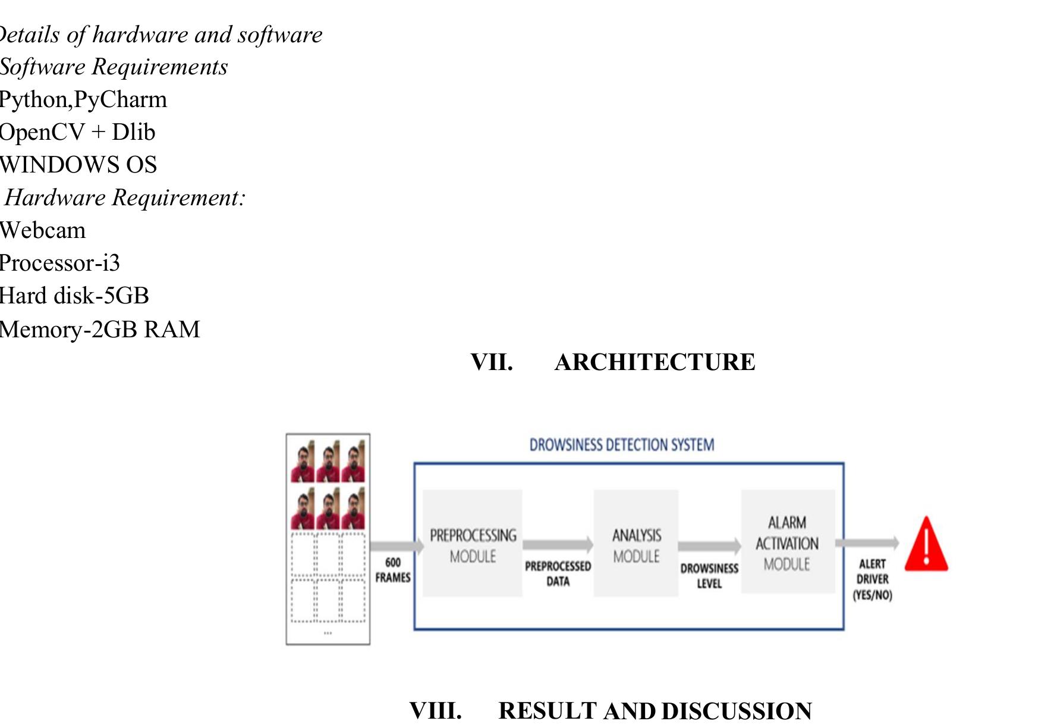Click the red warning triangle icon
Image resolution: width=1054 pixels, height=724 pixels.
coord(926,545)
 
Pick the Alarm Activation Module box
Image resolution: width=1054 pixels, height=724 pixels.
coord(787,542)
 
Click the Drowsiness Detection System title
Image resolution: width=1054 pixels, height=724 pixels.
coord(622,445)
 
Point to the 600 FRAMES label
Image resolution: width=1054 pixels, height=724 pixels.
coord(392,570)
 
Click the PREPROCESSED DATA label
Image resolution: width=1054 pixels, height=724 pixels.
coord(558,573)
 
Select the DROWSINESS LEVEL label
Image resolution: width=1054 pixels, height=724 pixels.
coord(709,576)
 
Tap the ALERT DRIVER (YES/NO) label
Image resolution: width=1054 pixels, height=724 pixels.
coord(872,579)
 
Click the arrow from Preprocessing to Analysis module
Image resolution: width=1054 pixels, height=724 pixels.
coord(558,544)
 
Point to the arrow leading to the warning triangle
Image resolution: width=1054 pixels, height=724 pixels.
coord(867,543)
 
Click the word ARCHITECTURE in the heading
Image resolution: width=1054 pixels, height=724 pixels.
coord(655,362)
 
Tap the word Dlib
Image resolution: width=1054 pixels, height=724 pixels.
coord(133,132)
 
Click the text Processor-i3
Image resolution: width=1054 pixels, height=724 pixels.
coord(59,263)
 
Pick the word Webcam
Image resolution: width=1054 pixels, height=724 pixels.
coord(43,230)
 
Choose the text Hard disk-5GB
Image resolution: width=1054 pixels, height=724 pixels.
coord(74,296)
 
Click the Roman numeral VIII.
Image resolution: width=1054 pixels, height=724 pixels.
coord(435,710)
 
